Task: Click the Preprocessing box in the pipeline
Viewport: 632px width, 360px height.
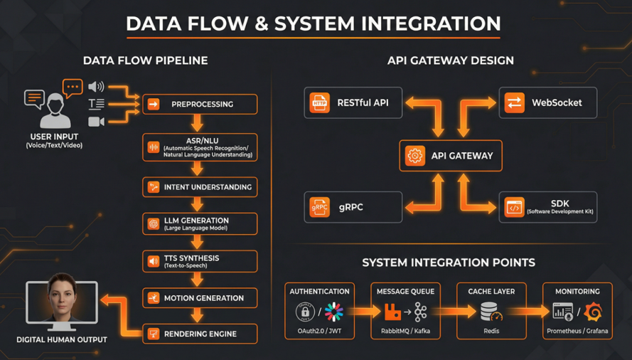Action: click(200, 105)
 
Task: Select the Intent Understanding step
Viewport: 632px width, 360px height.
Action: click(200, 187)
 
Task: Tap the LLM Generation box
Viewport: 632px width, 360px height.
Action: click(200, 224)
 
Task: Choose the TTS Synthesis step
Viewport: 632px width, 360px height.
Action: click(200, 261)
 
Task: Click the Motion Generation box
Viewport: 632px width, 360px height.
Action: click(200, 298)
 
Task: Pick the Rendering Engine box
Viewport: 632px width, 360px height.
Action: click(200, 334)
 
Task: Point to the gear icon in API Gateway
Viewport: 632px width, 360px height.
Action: click(414, 156)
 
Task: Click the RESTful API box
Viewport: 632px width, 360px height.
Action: click(353, 102)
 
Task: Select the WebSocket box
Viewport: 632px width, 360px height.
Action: click(547, 102)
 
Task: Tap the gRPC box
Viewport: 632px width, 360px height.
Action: click(353, 207)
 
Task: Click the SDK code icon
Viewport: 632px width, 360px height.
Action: click(514, 207)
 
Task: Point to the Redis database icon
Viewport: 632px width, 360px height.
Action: click(490, 312)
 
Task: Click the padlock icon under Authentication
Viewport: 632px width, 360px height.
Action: click(305, 312)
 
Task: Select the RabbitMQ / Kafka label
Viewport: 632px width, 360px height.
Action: click(405, 332)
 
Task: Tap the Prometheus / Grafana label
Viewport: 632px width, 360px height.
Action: click(577, 332)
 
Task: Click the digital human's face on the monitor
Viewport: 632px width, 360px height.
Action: click(62, 297)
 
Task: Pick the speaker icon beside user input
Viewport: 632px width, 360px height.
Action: click(95, 87)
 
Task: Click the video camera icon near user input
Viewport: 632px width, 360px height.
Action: click(96, 122)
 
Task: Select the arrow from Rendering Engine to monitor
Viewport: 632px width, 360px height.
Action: click(120, 313)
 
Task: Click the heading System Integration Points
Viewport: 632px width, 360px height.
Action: click(449, 263)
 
